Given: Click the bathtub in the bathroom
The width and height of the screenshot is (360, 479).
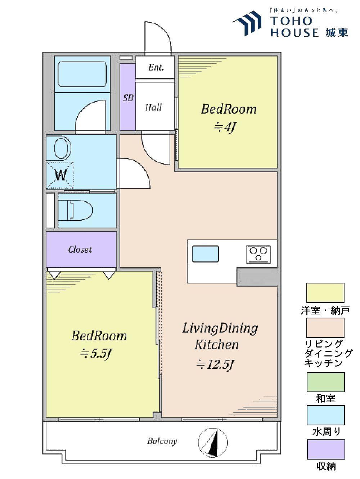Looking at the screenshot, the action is [x=82, y=74].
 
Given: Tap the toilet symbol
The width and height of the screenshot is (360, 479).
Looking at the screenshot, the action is [x=80, y=210].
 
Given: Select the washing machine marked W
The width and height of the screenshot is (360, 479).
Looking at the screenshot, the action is [x=60, y=175].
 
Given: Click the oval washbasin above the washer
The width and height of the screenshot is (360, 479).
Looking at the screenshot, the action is [x=62, y=148].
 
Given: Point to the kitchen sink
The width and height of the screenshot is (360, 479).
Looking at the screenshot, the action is [x=205, y=254].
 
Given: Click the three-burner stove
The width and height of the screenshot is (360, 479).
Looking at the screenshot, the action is [x=258, y=255].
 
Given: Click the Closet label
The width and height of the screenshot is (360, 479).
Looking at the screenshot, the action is [x=80, y=250].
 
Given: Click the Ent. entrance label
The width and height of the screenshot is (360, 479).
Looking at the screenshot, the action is [x=156, y=67].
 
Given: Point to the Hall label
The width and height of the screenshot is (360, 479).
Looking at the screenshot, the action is [x=153, y=107].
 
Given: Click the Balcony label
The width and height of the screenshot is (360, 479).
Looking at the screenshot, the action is [x=162, y=441].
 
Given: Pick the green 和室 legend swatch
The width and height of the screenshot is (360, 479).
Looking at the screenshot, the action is [x=325, y=382].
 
